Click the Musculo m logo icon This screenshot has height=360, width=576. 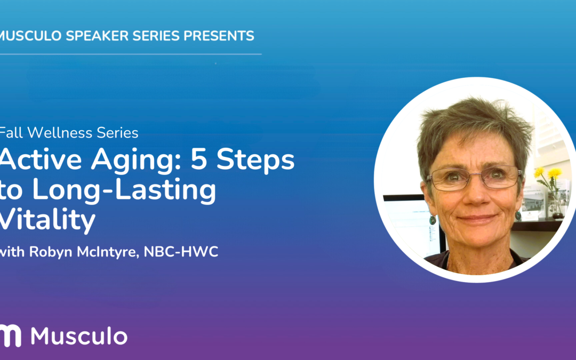point(10,335)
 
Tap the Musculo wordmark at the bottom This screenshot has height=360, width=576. point(79,336)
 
